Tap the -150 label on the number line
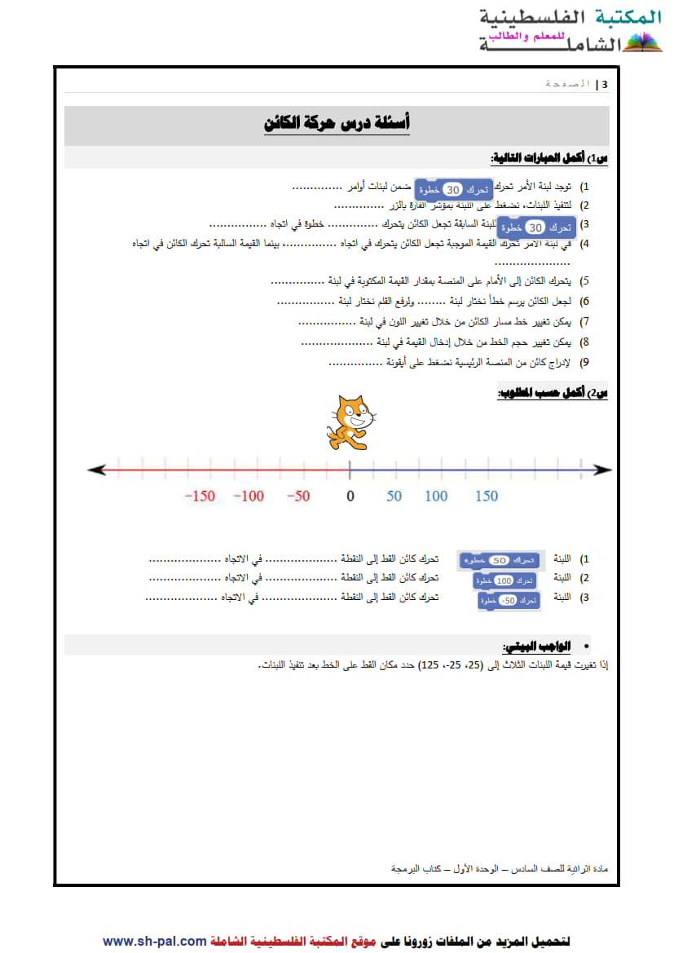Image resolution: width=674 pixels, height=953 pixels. click(199, 496)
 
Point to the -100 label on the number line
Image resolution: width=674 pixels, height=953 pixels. click(248, 496)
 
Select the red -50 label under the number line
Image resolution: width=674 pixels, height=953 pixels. click(297, 496)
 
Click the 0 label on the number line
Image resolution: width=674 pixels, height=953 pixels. click(350, 496)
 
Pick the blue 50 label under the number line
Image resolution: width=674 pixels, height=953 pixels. click(394, 496)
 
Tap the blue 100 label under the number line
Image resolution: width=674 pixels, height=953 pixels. click(436, 496)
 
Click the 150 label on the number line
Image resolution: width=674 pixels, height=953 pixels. click(486, 496)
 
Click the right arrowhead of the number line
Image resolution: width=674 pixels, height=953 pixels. click(603, 470)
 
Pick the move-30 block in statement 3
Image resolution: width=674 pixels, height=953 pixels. click(535, 227)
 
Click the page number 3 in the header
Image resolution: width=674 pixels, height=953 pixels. click(604, 84)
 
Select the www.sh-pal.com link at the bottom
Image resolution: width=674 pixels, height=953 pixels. click(155, 941)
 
